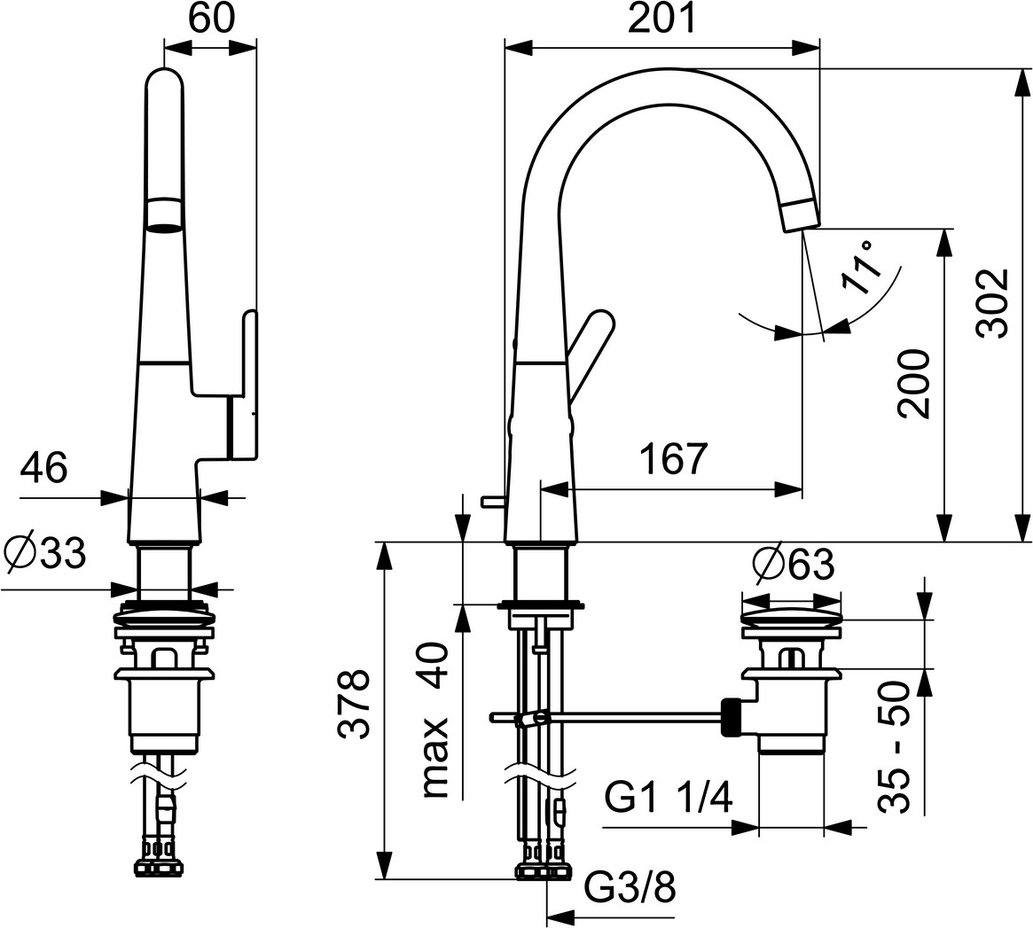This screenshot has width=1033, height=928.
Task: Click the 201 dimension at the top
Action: [661, 19]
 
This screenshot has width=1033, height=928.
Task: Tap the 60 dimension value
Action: [211, 19]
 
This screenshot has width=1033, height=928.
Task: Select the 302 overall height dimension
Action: [993, 303]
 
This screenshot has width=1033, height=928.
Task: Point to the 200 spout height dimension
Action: [914, 385]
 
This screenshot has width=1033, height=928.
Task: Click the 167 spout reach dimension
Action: [674, 458]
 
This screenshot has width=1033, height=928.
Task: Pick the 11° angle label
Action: [860, 267]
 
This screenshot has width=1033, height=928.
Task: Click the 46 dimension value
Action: [43, 469]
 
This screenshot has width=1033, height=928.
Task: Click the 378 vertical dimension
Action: [352, 705]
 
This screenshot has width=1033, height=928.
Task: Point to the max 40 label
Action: [434, 721]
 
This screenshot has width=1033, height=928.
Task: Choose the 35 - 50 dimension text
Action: [894, 747]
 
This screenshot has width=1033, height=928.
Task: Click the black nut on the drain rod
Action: [732, 716]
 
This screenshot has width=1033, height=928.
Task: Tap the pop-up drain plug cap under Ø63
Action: [791, 616]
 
